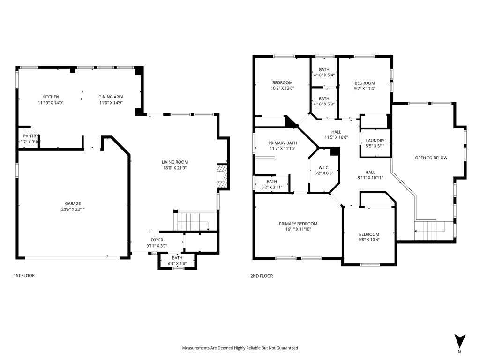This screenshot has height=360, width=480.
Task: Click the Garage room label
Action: tap(73, 203)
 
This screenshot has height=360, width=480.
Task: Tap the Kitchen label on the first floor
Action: tap(51, 97)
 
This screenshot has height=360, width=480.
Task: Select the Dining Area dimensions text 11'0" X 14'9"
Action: tap(111, 103)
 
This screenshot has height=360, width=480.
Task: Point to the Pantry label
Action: tap(30, 136)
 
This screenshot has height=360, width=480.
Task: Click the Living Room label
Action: tap(175, 162)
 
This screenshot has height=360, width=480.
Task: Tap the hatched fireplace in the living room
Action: tap(222, 176)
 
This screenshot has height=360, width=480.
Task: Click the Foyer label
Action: tap(157, 240)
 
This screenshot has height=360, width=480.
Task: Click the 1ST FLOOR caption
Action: tap(24, 275)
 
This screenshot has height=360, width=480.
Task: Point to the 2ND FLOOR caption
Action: tap(262, 276)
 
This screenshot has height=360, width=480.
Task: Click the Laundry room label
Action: tap(375, 141)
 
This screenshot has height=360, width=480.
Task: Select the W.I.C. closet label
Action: tap(323, 167)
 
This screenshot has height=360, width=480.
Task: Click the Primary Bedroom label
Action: tap(298, 224)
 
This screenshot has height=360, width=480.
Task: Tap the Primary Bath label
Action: tap(282, 143)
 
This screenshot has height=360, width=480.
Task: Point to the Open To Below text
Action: tap(431, 158)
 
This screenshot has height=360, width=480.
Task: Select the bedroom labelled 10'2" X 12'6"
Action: tap(282, 85)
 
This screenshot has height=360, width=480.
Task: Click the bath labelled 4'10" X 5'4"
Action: tap(324, 72)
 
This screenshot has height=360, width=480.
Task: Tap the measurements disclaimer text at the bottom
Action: tap(240, 348)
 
